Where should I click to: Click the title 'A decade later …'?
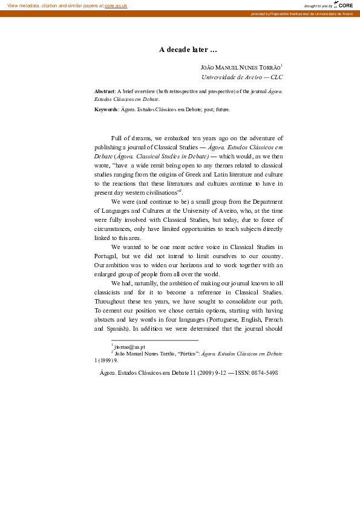coord(188,50)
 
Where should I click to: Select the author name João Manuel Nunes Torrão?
coord(240,68)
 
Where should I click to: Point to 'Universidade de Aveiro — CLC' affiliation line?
coord(242,77)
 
